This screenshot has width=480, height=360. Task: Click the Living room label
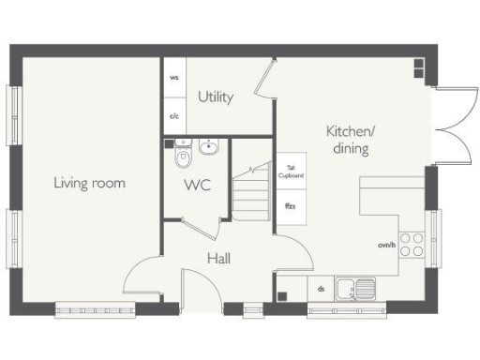pos(89,183)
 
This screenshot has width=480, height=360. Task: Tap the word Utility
pos(216,97)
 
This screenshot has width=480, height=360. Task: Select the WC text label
pos(197,185)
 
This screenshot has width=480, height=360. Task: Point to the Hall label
pos(218,258)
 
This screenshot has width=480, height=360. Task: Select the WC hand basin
pos(208,146)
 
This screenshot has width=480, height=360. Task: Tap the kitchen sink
pos(357,289)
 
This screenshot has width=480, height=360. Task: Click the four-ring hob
pos(412,246)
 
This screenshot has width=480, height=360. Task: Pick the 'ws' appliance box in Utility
pos(174,78)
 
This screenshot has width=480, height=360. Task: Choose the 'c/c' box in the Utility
pos(174,116)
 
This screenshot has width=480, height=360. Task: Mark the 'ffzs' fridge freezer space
pos(289,204)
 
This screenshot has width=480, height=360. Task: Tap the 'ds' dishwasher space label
pos(322,289)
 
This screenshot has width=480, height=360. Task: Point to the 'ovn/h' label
pos(385,245)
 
